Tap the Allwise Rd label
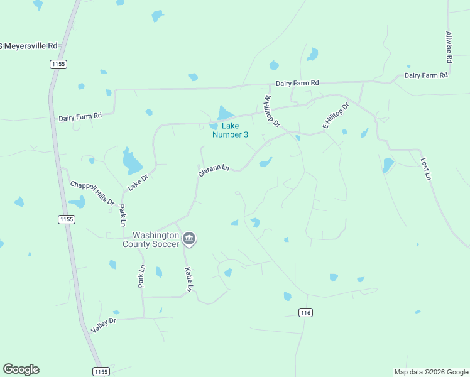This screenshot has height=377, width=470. point(449,47)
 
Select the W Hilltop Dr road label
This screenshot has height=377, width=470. point(271,111)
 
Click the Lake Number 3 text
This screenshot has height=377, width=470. point(230,130)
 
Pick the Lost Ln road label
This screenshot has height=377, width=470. point(425,169)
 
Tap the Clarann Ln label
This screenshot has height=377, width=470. point(214,170)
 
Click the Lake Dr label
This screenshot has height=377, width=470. point(137,182)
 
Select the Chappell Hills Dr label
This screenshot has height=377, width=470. point(92,194)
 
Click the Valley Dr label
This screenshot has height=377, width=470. point(104,325)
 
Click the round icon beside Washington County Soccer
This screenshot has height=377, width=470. point(189,239)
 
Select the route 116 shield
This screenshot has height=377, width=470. point(306,312)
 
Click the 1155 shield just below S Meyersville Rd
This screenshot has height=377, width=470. point(58,64)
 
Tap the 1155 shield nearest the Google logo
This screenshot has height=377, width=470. point(101,371)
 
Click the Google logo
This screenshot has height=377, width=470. point(21,369)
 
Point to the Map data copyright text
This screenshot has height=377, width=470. point(430,372)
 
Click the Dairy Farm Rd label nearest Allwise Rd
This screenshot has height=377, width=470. point(425,75)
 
